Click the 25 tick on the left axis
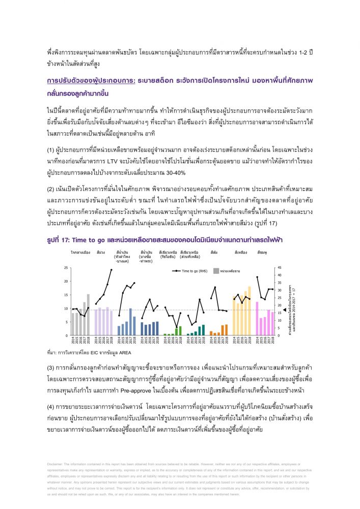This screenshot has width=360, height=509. [65, 268]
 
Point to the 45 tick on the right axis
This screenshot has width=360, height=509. [278, 268]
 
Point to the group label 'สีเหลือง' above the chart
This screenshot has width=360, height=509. [241, 252]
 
